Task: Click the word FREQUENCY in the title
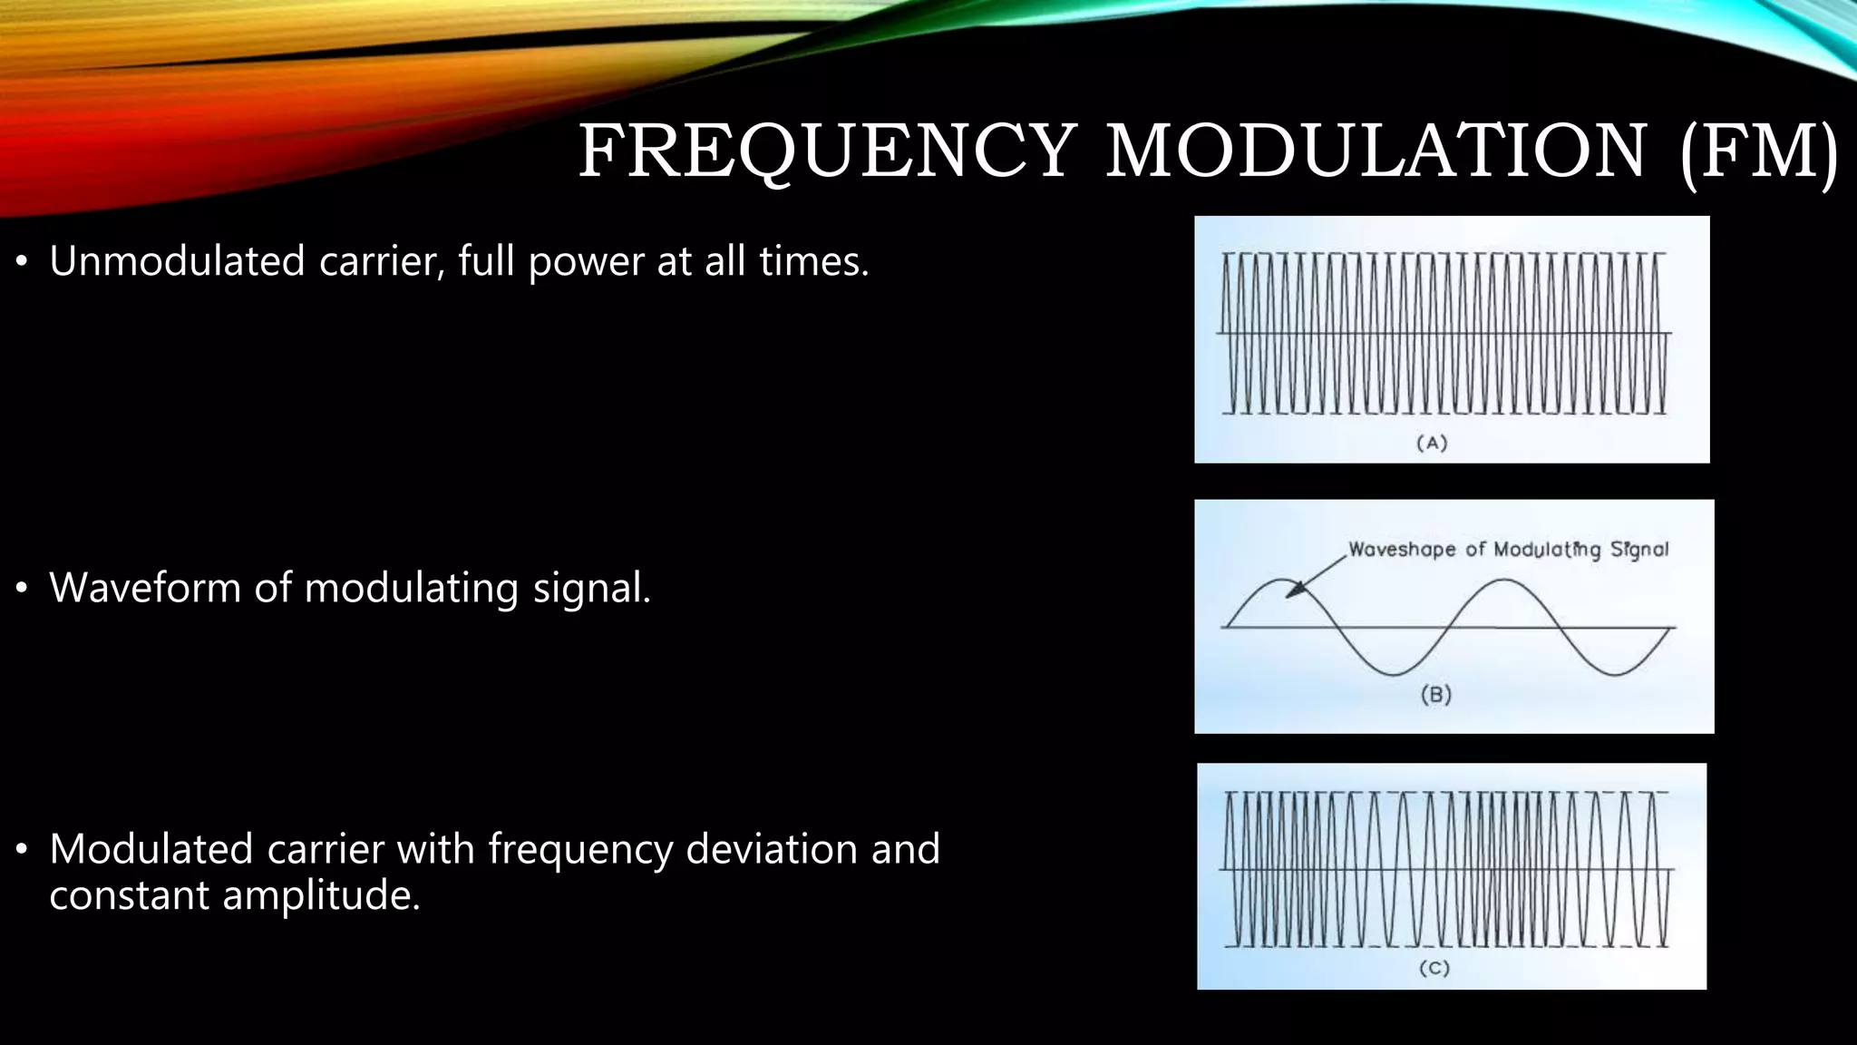pyautogui.click(x=827, y=151)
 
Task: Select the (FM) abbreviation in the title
pyautogui.click(x=1758, y=151)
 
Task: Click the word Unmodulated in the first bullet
pyautogui.click(x=177, y=261)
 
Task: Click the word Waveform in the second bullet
pyautogui.click(x=144, y=588)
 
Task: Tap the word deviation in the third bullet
pyautogui.click(x=771, y=849)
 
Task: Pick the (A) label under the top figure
pyautogui.click(x=1432, y=443)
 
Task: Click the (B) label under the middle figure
pyautogui.click(x=1435, y=695)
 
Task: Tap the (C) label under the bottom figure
pyautogui.click(x=1434, y=968)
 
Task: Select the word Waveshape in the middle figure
pyautogui.click(x=1402, y=550)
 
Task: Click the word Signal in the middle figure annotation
pyautogui.click(x=1638, y=550)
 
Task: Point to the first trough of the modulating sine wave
pyautogui.click(x=1395, y=674)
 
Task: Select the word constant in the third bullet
pyautogui.click(x=128, y=896)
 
